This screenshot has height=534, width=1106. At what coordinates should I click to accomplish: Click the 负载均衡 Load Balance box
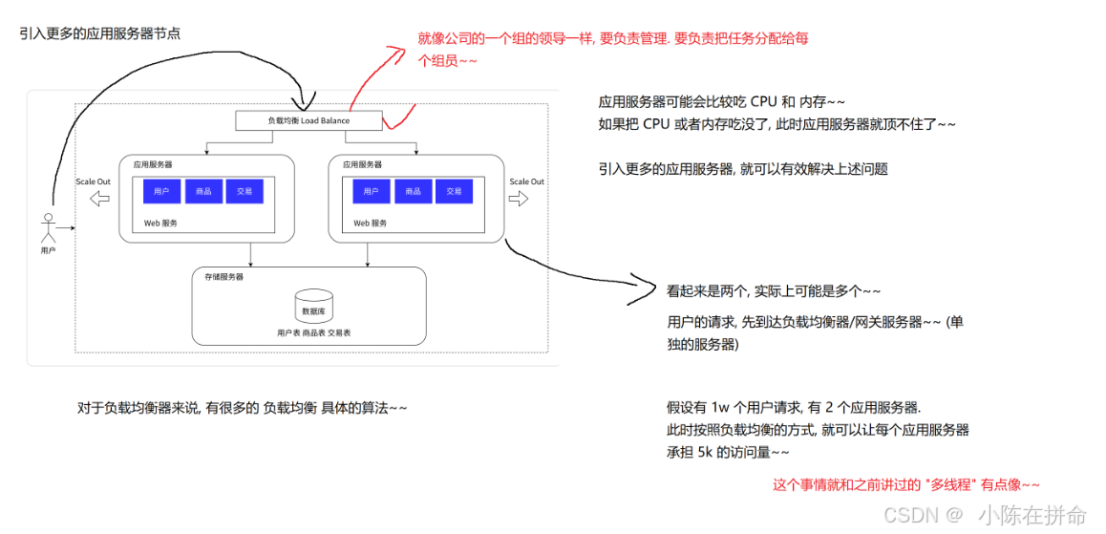pyautogui.click(x=308, y=121)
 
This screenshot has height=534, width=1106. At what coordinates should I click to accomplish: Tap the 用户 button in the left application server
pyautogui.click(x=161, y=191)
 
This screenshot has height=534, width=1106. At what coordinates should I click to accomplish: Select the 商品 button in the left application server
pyautogui.click(x=202, y=191)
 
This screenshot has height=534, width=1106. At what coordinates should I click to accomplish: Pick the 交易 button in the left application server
pyautogui.click(x=245, y=191)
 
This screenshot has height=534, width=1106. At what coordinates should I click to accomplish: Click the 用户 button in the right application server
pyautogui.click(x=371, y=191)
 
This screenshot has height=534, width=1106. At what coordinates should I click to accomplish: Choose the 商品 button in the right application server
pyautogui.click(x=413, y=191)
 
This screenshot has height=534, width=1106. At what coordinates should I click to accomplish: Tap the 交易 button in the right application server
pyautogui.click(x=454, y=191)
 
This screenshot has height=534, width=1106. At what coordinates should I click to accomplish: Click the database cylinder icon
pyautogui.click(x=313, y=307)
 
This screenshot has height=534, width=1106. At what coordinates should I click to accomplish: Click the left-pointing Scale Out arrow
pyautogui.click(x=98, y=199)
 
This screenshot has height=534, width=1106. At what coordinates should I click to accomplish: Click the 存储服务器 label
pyautogui.click(x=224, y=276)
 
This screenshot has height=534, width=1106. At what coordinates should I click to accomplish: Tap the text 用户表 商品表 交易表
pyautogui.click(x=313, y=332)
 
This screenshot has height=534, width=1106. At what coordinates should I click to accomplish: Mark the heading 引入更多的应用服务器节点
pyautogui.click(x=99, y=33)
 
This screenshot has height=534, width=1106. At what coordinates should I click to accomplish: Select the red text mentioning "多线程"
pyautogui.click(x=905, y=484)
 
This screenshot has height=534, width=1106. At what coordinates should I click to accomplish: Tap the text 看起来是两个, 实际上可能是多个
pyautogui.click(x=774, y=290)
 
